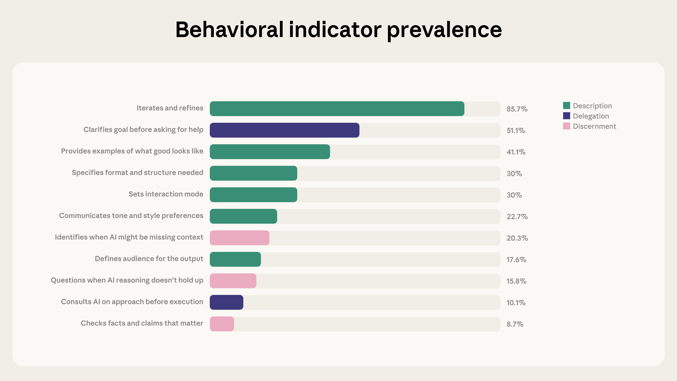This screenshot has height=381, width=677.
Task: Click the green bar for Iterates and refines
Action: coord(337,109)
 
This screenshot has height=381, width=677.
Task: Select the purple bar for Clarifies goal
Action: coord(284,130)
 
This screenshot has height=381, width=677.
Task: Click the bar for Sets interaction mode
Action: coord(253,195)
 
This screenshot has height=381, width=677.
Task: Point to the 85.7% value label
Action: coord(517,109)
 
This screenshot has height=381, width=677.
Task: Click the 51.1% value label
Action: coord(516,131)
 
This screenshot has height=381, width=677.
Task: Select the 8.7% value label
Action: coord(515,324)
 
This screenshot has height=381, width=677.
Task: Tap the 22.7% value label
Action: coord(517,217)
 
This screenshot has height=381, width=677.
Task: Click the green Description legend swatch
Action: coord(566,105)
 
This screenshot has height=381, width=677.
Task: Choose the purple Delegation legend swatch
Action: coord(566,116)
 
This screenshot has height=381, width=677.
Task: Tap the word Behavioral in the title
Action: coord(229,29)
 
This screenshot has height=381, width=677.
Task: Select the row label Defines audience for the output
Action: coord(149,259)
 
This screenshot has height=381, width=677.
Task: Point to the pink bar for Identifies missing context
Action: coord(239,238)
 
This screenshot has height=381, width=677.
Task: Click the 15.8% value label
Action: coord(516,281)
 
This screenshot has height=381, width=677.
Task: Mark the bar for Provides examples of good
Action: coord(270,152)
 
